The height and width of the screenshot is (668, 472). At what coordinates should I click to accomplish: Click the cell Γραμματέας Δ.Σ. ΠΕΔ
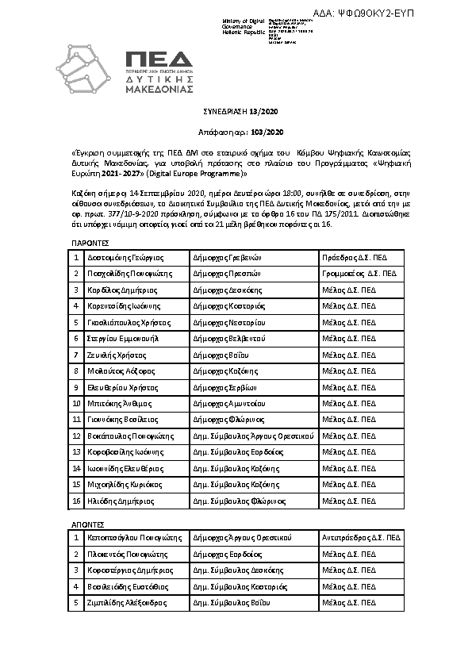[359, 273]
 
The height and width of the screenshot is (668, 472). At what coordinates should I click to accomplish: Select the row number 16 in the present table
[76, 501]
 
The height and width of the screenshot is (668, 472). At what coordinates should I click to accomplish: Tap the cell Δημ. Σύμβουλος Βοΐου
[232, 602]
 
